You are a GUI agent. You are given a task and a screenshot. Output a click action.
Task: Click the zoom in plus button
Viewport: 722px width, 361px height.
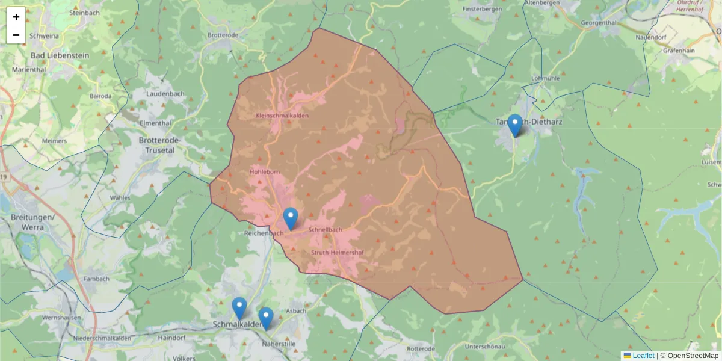(x=16, y=17)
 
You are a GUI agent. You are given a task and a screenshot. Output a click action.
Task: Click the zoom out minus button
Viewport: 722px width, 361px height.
(x=16, y=35)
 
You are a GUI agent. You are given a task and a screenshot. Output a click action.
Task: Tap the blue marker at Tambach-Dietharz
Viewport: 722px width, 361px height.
(x=514, y=125)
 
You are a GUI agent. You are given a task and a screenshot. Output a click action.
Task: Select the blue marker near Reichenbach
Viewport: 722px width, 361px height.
(x=291, y=218)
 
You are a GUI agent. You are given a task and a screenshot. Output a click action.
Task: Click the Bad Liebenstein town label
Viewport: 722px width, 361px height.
(x=60, y=55)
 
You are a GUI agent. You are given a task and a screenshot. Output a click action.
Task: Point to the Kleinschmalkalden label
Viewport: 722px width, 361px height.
(x=282, y=115)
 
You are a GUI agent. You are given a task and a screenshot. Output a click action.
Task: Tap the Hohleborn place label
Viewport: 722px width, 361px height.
(x=265, y=172)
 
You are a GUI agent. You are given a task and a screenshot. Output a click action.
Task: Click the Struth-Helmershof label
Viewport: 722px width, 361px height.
(x=338, y=253)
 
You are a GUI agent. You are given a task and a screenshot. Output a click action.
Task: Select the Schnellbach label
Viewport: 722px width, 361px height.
(x=325, y=230)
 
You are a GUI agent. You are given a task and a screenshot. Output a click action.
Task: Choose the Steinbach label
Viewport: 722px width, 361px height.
(x=84, y=12)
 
